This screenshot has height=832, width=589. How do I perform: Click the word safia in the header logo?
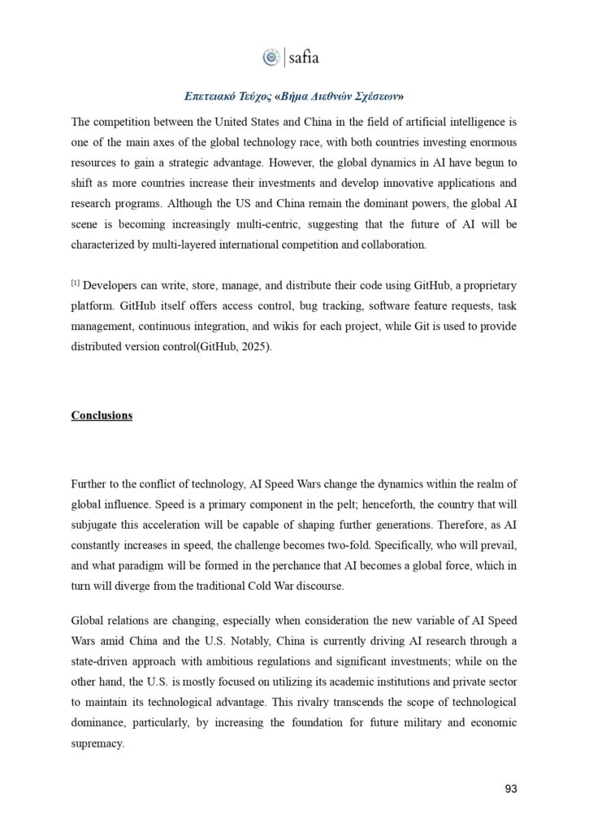(x=304, y=57)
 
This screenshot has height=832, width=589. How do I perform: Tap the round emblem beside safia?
(x=271, y=57)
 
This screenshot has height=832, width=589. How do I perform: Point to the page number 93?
(x=510, y=788)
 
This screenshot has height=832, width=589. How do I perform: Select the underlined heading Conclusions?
(x=102, y=415)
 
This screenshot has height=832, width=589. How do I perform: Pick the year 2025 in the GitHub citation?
(x=258, y=348)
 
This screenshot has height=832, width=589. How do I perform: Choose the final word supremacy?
(x=97, y=743)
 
